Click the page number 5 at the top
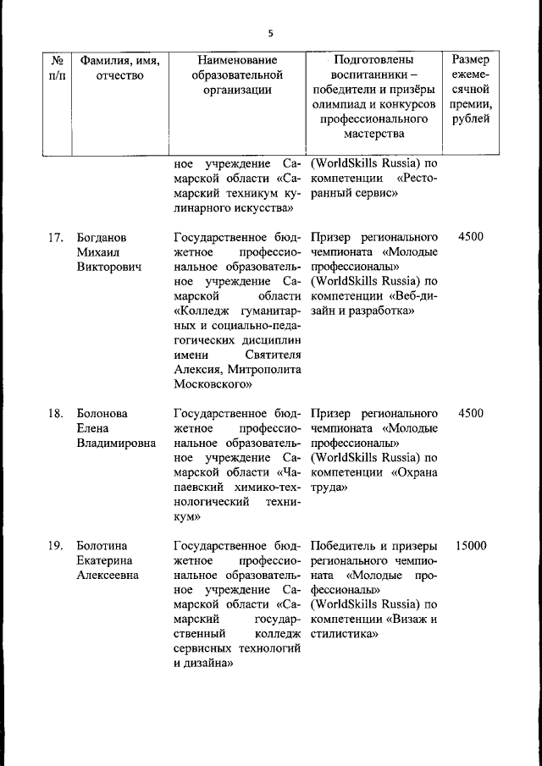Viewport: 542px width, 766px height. pos(270,34)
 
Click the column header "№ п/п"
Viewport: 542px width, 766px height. pos(57,69)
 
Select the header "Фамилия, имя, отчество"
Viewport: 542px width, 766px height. pos(119,69)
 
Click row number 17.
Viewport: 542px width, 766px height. pos(57,237)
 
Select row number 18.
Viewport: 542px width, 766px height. pos(57,414)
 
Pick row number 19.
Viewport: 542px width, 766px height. pos(57,546)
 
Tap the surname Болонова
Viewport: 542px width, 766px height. pos(102,414)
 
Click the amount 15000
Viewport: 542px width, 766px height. pos(471,546)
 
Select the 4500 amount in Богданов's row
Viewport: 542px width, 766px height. pos(471,237)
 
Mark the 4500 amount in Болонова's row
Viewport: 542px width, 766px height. pos(471,414)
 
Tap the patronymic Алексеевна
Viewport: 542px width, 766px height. pos(108,576)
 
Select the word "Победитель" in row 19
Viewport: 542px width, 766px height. pos(341,546)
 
